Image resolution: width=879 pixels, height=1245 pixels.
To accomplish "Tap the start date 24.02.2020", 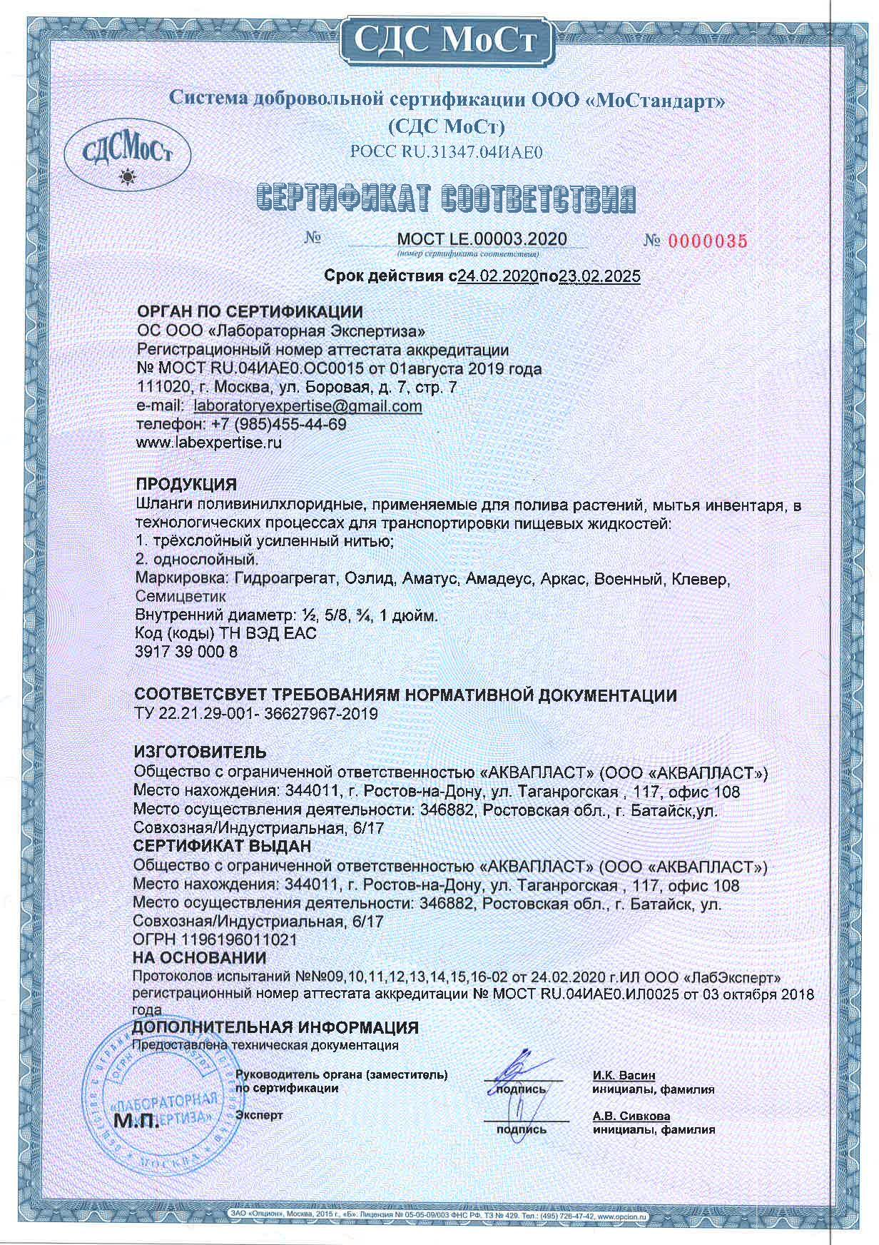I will tap(497, 276).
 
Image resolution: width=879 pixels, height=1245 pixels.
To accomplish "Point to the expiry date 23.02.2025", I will tap(599, 276).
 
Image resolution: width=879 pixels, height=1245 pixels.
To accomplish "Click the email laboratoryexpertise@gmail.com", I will tap(308, 406).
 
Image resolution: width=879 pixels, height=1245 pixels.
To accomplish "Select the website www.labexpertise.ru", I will tap(209, 443).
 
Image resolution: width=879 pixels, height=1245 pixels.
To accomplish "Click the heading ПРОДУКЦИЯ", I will tap(186, 485).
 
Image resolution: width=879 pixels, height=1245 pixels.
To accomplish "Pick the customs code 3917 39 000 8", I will tap(187, 652).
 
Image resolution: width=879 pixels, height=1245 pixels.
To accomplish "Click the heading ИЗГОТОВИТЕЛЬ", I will tap(200, 752).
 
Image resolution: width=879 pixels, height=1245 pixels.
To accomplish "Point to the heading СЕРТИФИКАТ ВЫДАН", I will tap(223, 847).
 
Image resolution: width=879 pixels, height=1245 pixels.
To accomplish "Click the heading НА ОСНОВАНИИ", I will tap(200, 958).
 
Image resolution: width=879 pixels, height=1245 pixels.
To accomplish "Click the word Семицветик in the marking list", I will tap(181, 596).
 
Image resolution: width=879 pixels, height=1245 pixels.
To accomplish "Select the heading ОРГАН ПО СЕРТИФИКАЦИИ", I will tap(250, 312).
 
